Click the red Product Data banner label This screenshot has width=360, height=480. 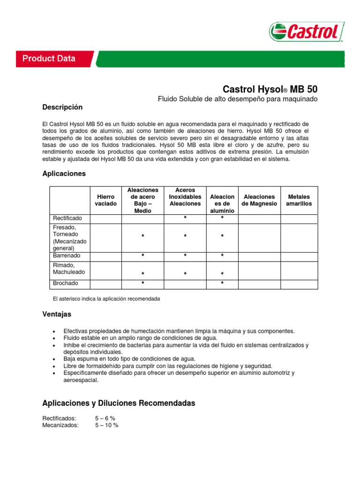click(49, 59)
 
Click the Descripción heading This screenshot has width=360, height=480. click(62, 107)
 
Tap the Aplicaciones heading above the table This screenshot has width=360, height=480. click(64, 173)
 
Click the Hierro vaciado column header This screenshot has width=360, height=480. click(105, 200)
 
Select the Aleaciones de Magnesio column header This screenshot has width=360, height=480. click(259, 200)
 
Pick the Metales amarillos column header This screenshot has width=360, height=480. click(299, 200)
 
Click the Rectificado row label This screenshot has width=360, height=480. click(67, 218)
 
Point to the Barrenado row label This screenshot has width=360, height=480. click(67, 256)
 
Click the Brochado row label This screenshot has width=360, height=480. click(66, 284)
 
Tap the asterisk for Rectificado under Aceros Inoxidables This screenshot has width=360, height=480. click(185, 218)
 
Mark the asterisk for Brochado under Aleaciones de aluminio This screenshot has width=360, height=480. click(222, 284)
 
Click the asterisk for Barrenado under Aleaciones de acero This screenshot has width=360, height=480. click(142, 256)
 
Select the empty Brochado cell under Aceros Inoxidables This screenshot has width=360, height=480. click(185, 284)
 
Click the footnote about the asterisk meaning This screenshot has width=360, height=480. click(107, 299)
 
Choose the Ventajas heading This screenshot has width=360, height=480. click(57, 314)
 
